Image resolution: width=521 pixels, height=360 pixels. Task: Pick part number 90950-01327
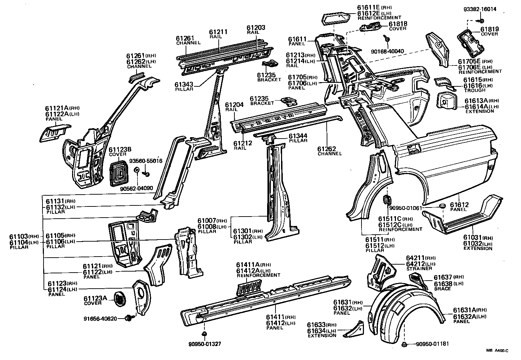(x=205, y=344)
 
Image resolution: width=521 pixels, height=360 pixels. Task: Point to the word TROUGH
(x=474, y=91)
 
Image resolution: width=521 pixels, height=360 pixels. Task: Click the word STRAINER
(x=418, y=269)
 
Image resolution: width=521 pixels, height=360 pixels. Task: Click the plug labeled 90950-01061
(x=443, y=206)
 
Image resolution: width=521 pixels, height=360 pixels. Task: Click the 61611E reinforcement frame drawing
(x=336, y=18)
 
